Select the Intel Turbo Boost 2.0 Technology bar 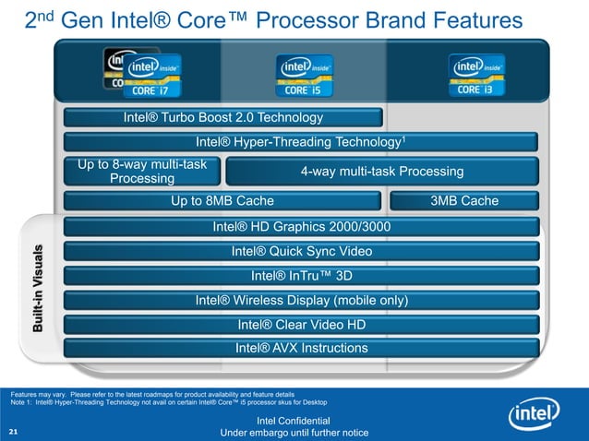(222, 118)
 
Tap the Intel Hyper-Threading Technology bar (301, 142)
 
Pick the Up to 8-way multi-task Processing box (142, 171)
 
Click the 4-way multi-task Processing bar (381, 172)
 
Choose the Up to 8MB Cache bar (222, 201)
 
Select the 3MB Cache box (464, 201)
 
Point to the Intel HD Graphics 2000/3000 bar (301, 227)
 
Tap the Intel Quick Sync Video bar (301, 251)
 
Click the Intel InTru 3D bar (301, 275)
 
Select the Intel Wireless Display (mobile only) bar (301, 300)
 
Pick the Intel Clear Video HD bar (301, 324)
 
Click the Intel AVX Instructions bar (301, 348)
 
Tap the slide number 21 (13, 432)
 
